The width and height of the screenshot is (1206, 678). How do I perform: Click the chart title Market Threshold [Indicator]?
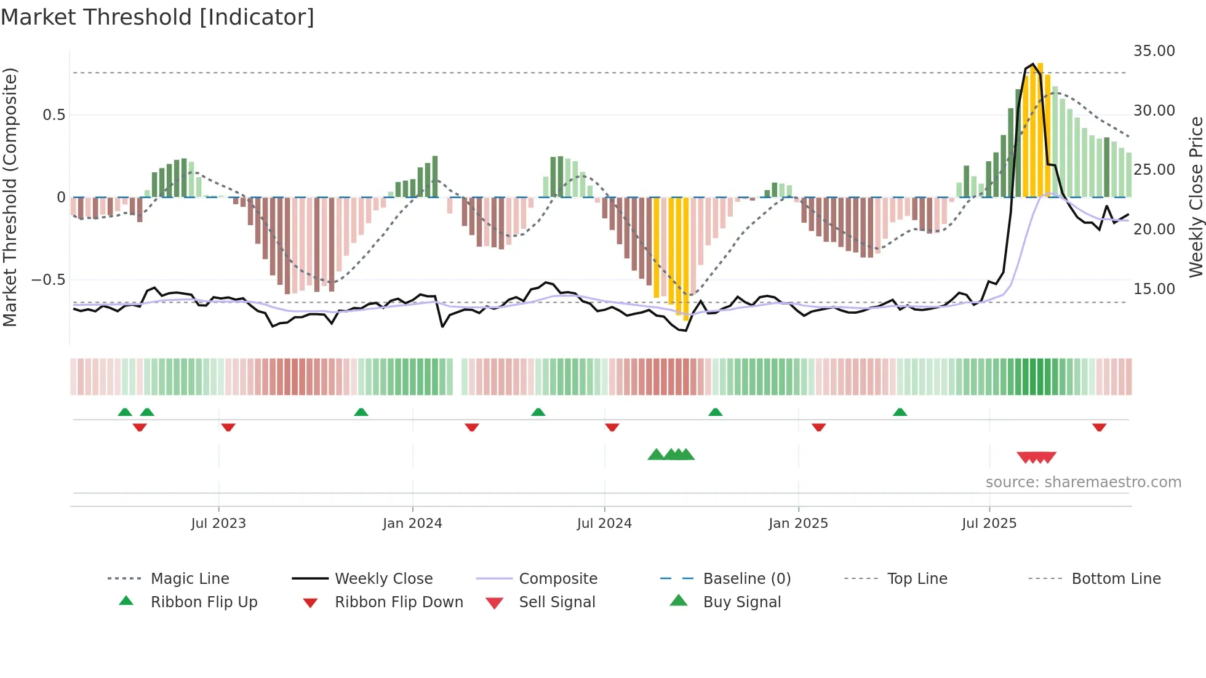coord(158,17)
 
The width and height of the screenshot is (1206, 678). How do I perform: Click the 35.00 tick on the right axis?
coord(1154,51)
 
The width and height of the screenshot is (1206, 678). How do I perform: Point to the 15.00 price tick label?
coord(1154,289)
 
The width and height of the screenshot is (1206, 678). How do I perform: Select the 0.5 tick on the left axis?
coord(54,115)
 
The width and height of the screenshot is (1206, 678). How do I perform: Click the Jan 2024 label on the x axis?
coord(412,524)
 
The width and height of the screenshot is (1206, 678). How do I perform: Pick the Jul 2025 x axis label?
coord(989,524)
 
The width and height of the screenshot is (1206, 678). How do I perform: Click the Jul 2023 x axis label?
coord(218,524)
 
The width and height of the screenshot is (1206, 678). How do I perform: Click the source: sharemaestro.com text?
coord(1083,482)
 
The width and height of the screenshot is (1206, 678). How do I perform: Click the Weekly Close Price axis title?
coord(1196,197)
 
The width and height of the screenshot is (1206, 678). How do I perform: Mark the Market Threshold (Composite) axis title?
coord(10,197)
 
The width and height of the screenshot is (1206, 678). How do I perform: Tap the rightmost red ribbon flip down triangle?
coord(1099,427)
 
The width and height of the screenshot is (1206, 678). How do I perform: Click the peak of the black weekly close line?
coord(1033,64)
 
